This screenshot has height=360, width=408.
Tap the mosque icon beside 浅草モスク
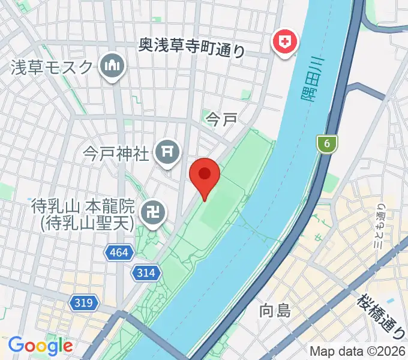click(x=112, y=66)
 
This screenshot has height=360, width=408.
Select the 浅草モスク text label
click(x=52, y=67)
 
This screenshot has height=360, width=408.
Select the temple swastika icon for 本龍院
click(x=153, y=212)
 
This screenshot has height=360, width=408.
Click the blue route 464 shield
click(x=119, y=253)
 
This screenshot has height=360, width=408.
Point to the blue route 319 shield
click(x=84, y=303)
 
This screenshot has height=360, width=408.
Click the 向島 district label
click(x=275, y=310)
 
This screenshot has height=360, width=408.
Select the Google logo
click(x=40, y=346)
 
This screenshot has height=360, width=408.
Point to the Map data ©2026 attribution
click(x=358, y=351)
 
